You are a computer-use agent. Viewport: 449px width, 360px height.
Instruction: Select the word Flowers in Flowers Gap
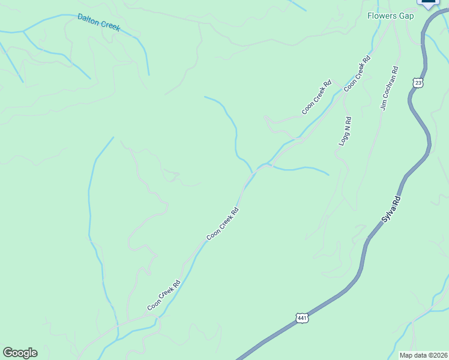[x=382, y=16]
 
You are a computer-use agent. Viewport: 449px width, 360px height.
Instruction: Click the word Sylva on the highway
[x=388, y=215]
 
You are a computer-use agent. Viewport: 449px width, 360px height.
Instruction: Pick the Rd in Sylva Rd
[x=396, y=200]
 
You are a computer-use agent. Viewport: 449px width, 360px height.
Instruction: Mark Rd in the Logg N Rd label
[x=349, y=121]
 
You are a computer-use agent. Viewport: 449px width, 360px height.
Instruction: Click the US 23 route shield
[x=418, y=82]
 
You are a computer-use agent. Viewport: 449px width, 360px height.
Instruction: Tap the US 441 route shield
[x=302, y=317]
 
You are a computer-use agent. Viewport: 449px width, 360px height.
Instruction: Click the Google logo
[x=20, y=353]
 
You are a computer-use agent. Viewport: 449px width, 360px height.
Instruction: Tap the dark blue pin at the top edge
[x=429, y=3]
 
